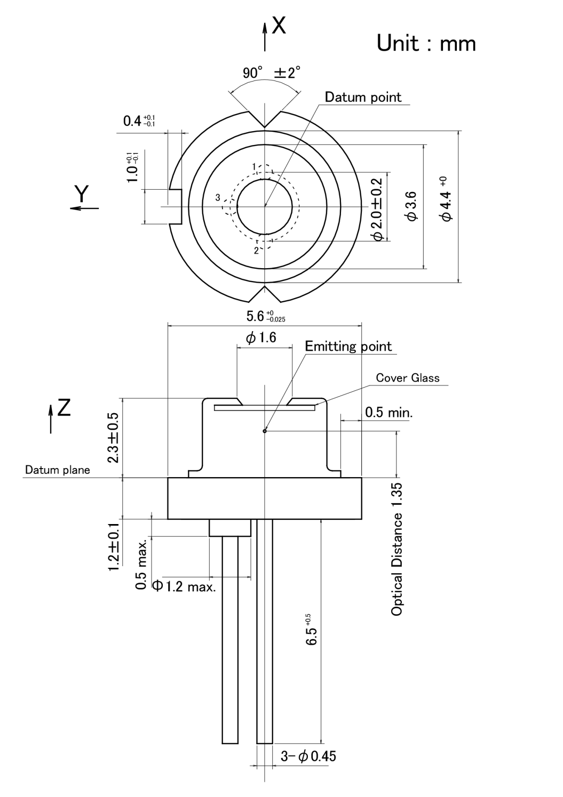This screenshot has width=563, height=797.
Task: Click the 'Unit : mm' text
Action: [x=426, y=43]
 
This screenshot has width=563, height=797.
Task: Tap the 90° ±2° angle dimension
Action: [x=272, y=73]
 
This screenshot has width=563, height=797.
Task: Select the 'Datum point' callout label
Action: [x=363, y=97]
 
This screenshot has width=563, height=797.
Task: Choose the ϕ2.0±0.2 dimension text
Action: [x=377, y=209]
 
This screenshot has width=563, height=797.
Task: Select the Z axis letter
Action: [x=64, y=408]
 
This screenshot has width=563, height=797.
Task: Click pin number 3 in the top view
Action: [x=218, y=198]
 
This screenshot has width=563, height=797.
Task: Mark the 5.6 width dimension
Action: [x=265, y=317]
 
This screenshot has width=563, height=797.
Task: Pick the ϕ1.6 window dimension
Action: [x=261, y=337]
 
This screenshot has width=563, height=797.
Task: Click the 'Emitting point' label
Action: [x=348, y=347]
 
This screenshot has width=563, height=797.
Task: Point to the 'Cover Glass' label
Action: [x=408, y=378]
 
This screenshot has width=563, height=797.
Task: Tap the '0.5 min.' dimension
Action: [x=388, y=412]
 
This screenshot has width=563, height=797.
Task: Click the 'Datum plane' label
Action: [x=58, y=470]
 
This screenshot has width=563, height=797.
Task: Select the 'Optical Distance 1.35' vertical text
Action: [x=397, y=549]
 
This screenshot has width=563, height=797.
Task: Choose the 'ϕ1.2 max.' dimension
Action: [x=185, y=587]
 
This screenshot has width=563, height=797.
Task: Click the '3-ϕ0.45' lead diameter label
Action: [x=308, y=756]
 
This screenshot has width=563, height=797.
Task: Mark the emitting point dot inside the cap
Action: [x=265, y=431]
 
